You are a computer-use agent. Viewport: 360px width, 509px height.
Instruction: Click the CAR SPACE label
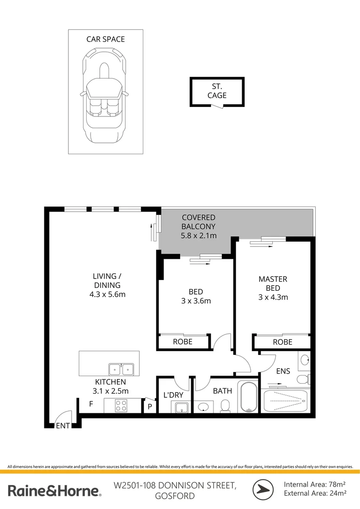(106, 40)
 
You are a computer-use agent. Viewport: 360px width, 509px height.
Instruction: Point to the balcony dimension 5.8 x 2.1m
(198, 235)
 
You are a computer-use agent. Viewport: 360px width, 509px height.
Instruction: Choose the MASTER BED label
(273, 283)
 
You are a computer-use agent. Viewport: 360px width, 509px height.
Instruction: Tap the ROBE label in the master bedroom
(282, 342)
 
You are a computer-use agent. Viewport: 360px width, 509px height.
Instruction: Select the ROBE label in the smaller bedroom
(182, 342)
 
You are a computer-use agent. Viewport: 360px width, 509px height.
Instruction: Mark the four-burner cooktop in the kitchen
(121, 405)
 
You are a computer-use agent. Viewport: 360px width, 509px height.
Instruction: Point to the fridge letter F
(91, 404)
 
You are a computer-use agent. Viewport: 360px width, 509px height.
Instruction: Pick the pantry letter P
(150, 406)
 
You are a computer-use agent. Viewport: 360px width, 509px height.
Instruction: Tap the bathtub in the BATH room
(248, 396)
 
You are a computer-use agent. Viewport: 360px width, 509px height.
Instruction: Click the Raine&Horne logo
(54, 491)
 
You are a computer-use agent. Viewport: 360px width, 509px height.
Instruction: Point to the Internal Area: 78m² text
(315, 484)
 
